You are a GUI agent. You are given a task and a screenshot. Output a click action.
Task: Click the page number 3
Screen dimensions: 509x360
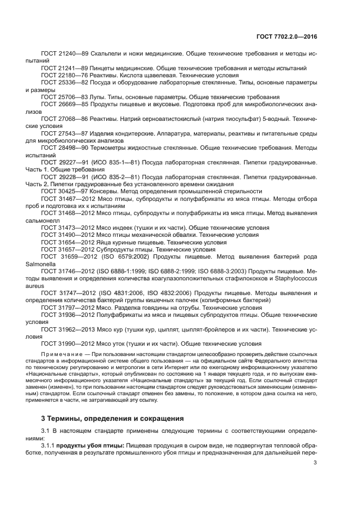pyautogui.click(x=315, y=463)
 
